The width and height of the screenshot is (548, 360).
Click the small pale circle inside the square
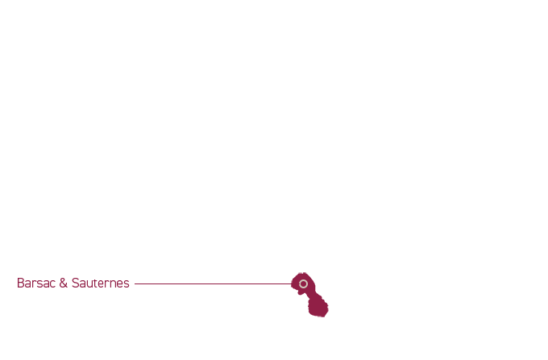point(303,283)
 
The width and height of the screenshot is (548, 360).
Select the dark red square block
point(309,300)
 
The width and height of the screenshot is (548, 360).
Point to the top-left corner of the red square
point(292,273)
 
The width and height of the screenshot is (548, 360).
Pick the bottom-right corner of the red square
point(328,317)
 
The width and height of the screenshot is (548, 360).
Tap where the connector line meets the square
point(291,283)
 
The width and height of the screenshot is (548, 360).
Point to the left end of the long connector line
point(143,283)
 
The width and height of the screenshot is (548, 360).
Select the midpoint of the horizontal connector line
point(217,283)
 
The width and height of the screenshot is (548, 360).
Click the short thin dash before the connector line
point(138,283)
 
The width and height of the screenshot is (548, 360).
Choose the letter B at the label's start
point(20,283)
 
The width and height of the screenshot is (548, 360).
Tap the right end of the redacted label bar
point(128,283)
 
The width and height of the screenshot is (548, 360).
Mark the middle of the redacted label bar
point(77,283)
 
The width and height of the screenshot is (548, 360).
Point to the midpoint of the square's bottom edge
point(309,317)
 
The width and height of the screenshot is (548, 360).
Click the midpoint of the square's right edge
point(328,295)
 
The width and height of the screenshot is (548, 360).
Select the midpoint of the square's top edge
point(309,273)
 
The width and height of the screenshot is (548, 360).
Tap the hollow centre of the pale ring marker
point(303,283)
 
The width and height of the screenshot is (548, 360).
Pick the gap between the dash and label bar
point(132,283)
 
